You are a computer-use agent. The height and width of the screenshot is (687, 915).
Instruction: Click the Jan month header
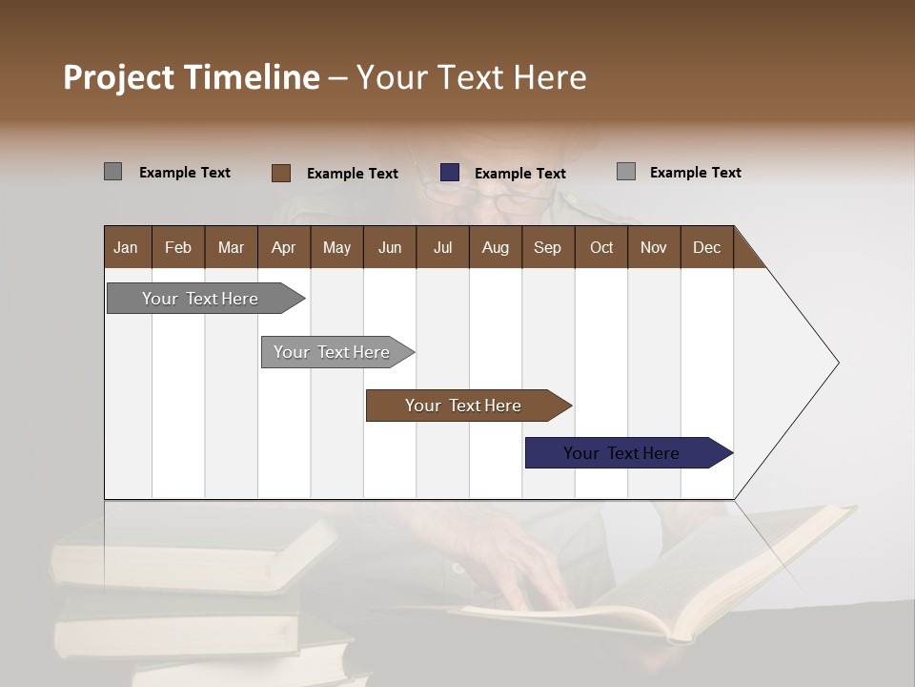[127, 247]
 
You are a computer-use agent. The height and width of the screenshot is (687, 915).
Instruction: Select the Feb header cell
[178, 247]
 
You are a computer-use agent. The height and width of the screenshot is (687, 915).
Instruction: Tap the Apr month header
[284, 247]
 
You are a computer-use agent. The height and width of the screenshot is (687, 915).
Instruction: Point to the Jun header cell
[390, 247]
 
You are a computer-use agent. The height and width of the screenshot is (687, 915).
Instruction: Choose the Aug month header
[496, 247]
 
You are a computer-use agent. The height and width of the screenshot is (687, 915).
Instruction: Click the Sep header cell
[548, 247]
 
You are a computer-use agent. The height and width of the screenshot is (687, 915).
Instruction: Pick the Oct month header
[601, 247]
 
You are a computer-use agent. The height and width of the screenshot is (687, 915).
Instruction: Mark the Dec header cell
[707, 247]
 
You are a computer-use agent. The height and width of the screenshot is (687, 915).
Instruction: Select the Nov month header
[654, 247]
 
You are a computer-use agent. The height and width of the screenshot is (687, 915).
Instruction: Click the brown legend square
[280, 173]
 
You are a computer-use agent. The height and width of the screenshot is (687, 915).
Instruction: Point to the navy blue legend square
[450, 173]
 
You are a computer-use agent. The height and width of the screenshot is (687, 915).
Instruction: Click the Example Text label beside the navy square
[519, 174]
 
